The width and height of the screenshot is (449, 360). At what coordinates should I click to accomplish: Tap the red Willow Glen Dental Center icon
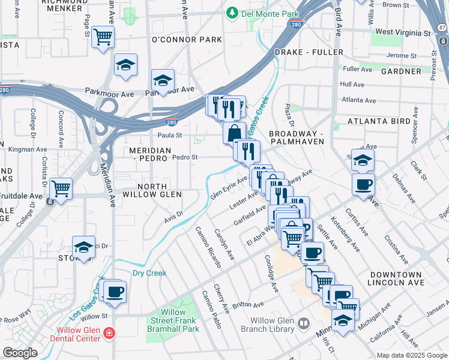109,332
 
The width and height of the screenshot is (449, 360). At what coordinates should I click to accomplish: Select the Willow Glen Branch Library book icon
304,324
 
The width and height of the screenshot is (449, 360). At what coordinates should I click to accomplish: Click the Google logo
20,353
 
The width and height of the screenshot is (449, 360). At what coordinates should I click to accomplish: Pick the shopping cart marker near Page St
103,37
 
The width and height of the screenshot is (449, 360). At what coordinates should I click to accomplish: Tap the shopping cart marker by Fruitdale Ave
61,188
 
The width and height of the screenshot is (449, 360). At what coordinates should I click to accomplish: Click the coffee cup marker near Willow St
114,292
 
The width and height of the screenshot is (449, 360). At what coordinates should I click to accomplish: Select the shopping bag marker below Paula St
234,132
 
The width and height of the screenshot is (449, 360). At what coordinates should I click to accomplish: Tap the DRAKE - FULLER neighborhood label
305,52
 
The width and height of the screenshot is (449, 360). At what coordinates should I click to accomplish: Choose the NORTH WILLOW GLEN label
153,190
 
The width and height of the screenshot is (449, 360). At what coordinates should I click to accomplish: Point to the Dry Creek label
149,273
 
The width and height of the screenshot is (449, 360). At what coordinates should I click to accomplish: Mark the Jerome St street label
402,55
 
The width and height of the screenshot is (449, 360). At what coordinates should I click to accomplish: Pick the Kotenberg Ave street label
352,239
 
